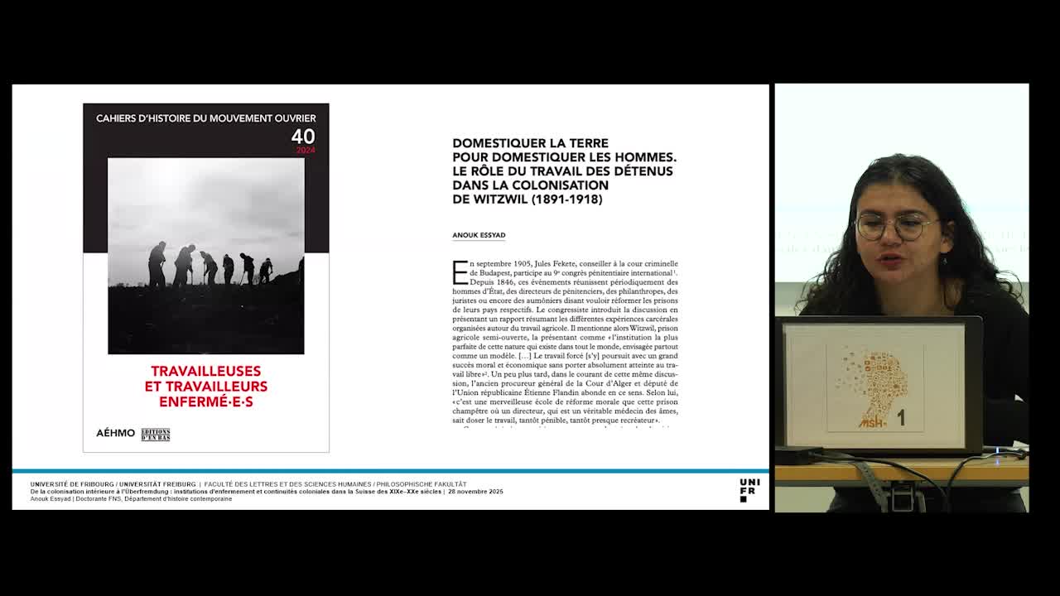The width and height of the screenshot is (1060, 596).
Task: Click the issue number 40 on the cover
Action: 303,137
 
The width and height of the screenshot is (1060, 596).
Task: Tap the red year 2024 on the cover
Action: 306,150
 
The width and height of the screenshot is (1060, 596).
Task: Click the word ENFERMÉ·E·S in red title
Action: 206,401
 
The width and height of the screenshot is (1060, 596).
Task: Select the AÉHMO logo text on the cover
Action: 115,433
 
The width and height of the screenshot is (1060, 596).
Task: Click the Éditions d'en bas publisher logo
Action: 156,434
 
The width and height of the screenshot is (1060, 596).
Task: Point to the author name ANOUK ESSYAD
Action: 479,235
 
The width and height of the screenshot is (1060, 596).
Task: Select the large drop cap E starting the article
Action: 460,272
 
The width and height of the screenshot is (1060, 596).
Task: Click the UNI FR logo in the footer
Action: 749,489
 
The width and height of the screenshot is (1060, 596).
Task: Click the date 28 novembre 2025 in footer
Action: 475,492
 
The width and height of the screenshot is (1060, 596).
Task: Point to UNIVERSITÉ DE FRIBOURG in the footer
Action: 73,484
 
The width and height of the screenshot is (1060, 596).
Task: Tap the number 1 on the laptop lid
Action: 901,419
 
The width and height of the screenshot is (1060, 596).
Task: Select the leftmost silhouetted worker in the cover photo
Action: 157,265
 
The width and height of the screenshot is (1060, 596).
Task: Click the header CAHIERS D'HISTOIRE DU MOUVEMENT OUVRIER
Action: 206,118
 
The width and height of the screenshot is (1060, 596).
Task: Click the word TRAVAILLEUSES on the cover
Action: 206,371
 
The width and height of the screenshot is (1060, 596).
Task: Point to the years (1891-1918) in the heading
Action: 566,199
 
